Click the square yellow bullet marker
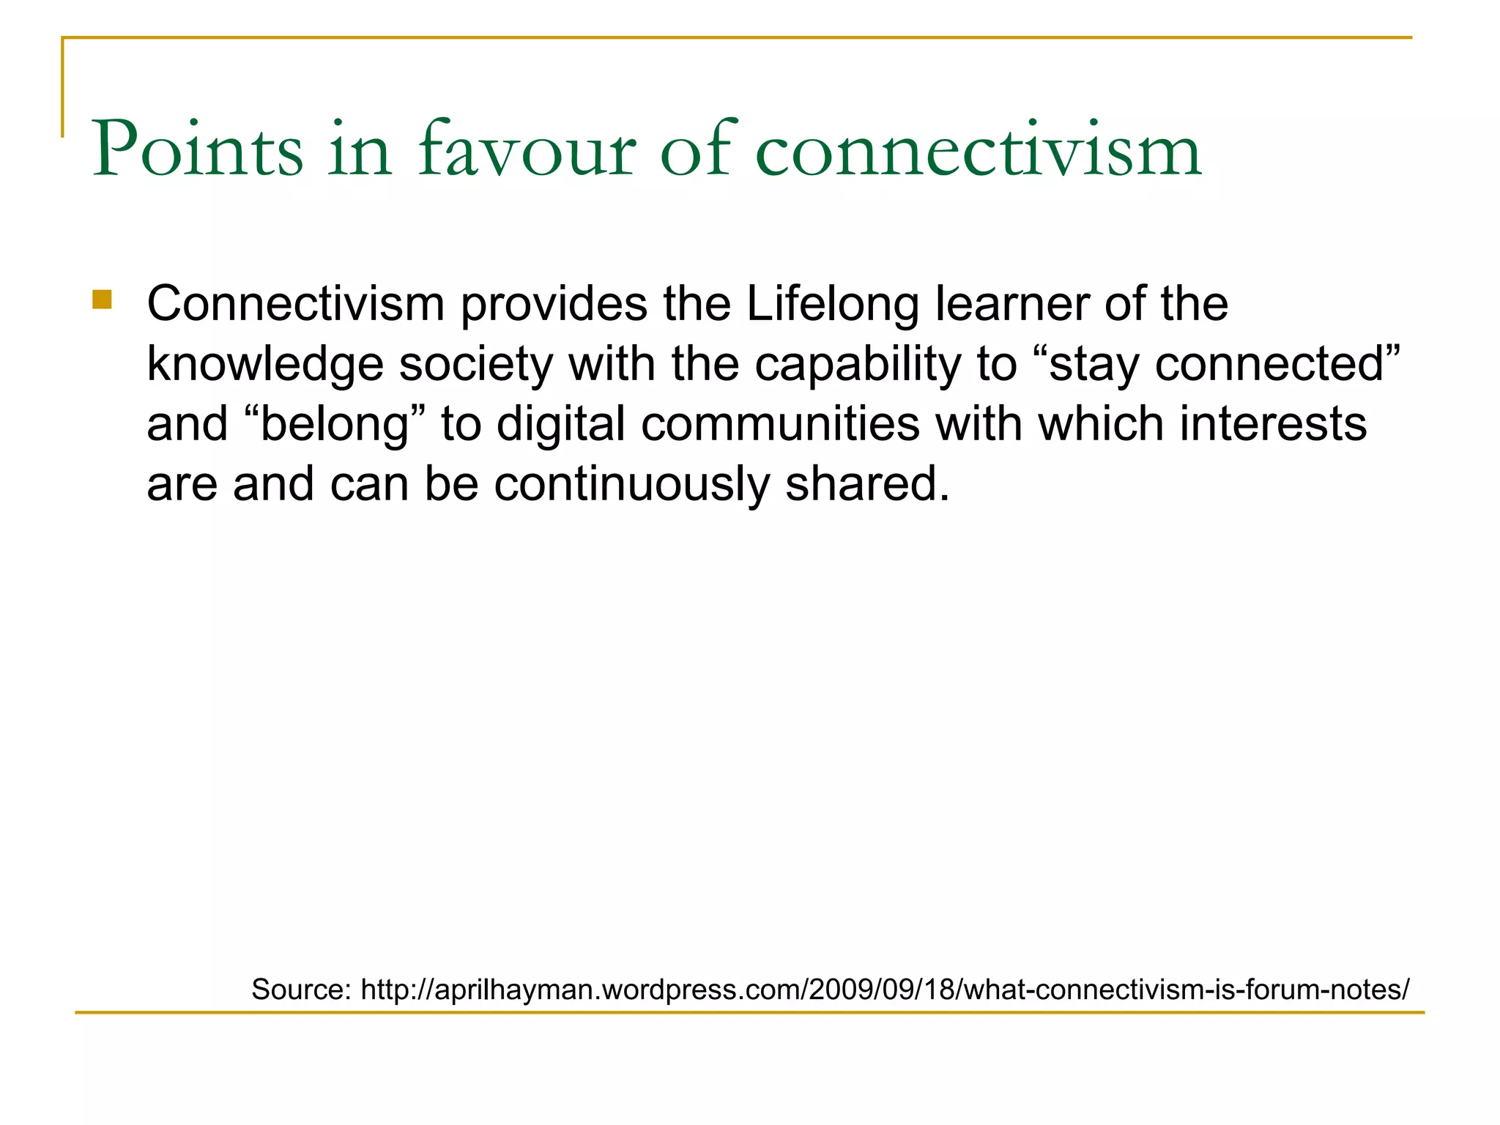pos(102,300)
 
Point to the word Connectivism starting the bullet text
pos(296,304)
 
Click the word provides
pos(554,304)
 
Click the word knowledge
pos(265,365)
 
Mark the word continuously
pos(631,485)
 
